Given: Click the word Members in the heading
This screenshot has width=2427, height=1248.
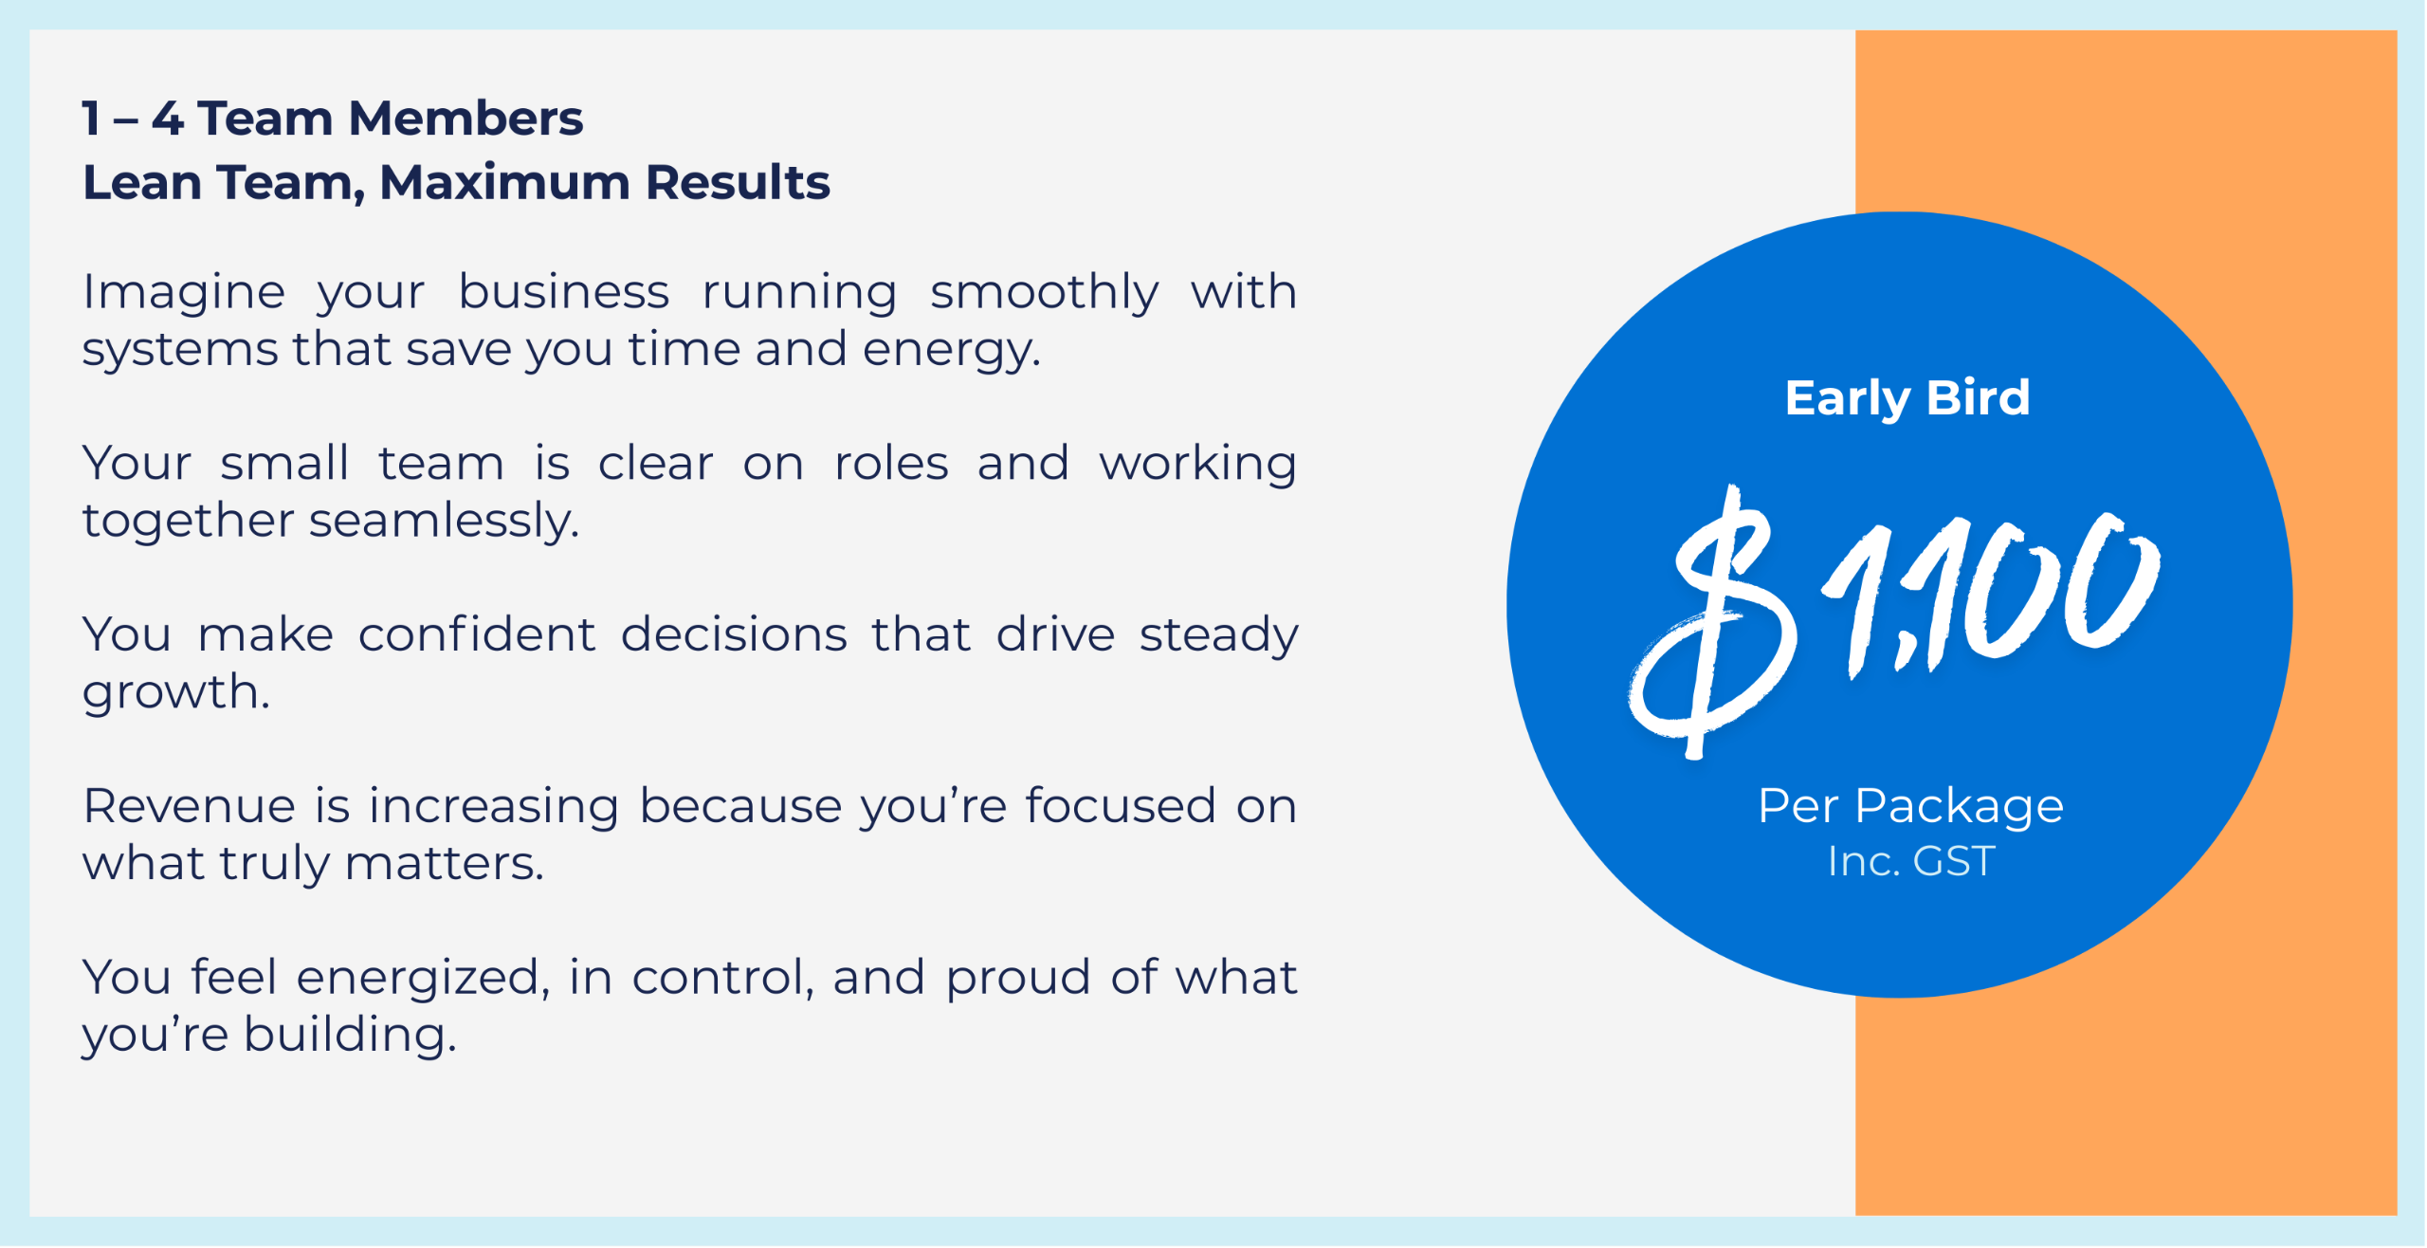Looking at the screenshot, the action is (x=465, y=119).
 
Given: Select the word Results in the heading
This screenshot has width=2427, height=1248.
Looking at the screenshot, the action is (x=738, y=182).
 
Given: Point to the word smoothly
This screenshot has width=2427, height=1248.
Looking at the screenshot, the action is (x=1044, y=293).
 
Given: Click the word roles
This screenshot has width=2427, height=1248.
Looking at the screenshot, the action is (x=890, y=464).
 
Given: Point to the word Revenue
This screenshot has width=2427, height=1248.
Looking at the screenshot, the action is (x=190, y=807).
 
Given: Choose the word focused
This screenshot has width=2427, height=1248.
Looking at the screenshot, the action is (x=1120, y=806).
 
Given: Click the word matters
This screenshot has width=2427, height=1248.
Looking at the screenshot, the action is (x=444, y=865).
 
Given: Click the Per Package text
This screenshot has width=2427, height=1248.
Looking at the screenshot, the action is (x=1910, y=808).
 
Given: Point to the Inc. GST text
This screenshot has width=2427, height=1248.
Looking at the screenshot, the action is (x=1910, y=862).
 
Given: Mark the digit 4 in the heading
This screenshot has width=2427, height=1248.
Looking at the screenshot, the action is (x=168, y=119).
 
